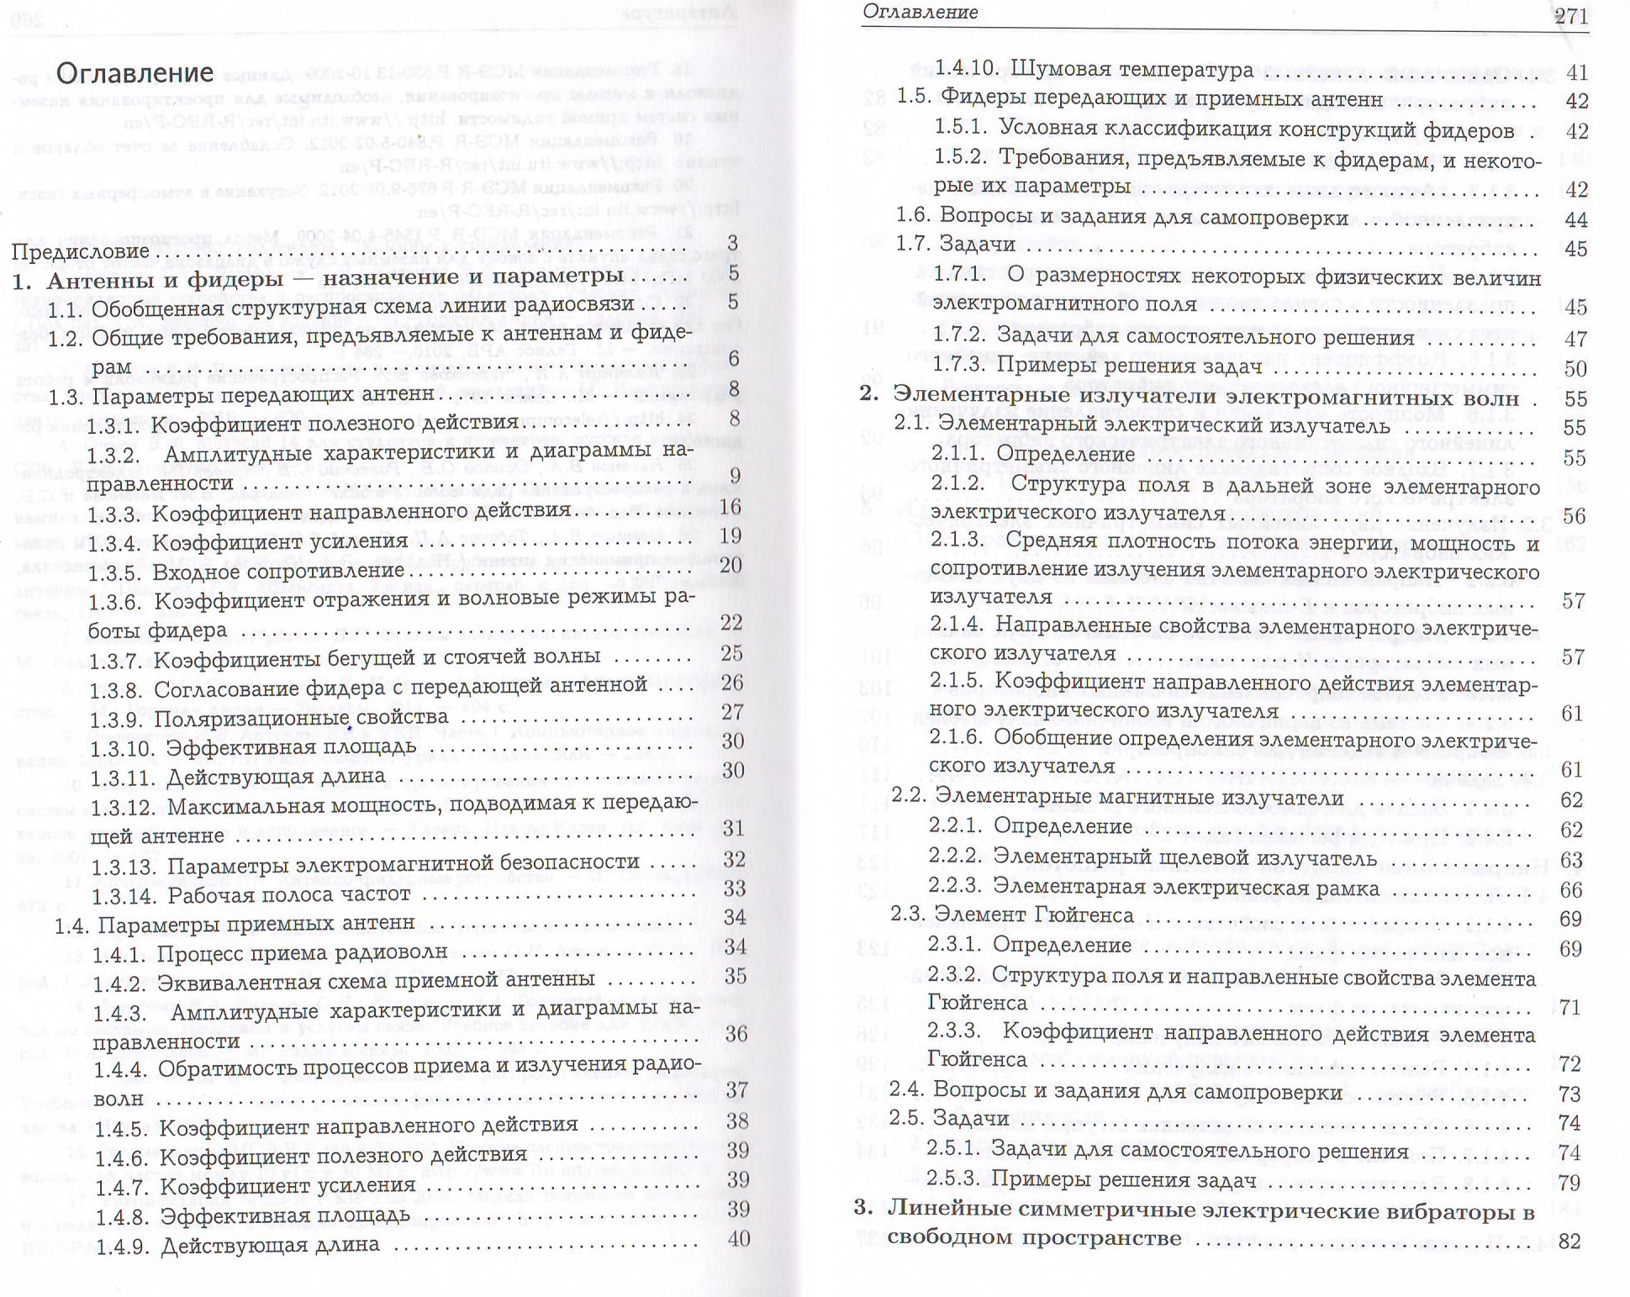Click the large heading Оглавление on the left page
point(135,73)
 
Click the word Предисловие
point(81,251)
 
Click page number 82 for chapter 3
point(1569,1241)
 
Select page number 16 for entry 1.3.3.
point(731,507)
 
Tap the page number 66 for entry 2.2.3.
point(1570,889)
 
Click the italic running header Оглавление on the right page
point(920,13)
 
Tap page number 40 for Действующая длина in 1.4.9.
point(738,1238)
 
